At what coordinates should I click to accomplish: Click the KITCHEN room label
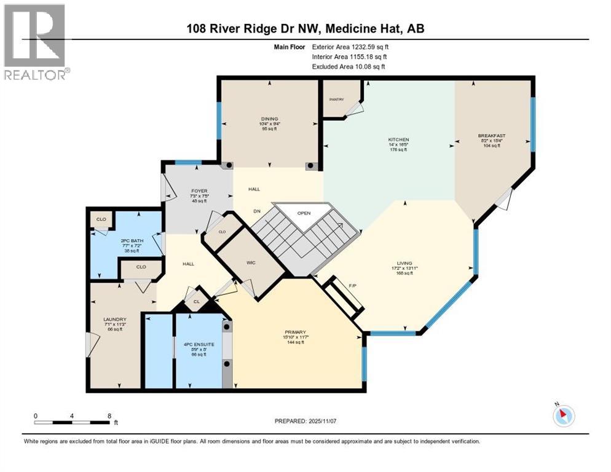click(x=398, y=140)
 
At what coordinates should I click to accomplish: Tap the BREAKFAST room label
click(x=491, y=135)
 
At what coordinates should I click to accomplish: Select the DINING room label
click(x=270, y=119)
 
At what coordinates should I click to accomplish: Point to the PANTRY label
click(x=336, y=99)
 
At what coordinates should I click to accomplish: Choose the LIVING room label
click(x=404, y=263)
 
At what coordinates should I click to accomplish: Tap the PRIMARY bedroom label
click(x=294, y=332)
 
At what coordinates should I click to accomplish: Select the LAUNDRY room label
click(x=115, y=319)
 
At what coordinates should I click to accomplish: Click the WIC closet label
click(x=251, y=262)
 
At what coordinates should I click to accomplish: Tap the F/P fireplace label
click(x=352, y=286)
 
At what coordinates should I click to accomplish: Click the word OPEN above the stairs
click(x=304, y=213)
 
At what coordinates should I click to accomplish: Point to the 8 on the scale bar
click(x=109, y=415)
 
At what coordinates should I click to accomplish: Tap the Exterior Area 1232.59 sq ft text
click(x=350, y=46)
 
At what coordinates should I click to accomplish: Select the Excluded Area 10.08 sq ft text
click(x=349, y=66)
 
